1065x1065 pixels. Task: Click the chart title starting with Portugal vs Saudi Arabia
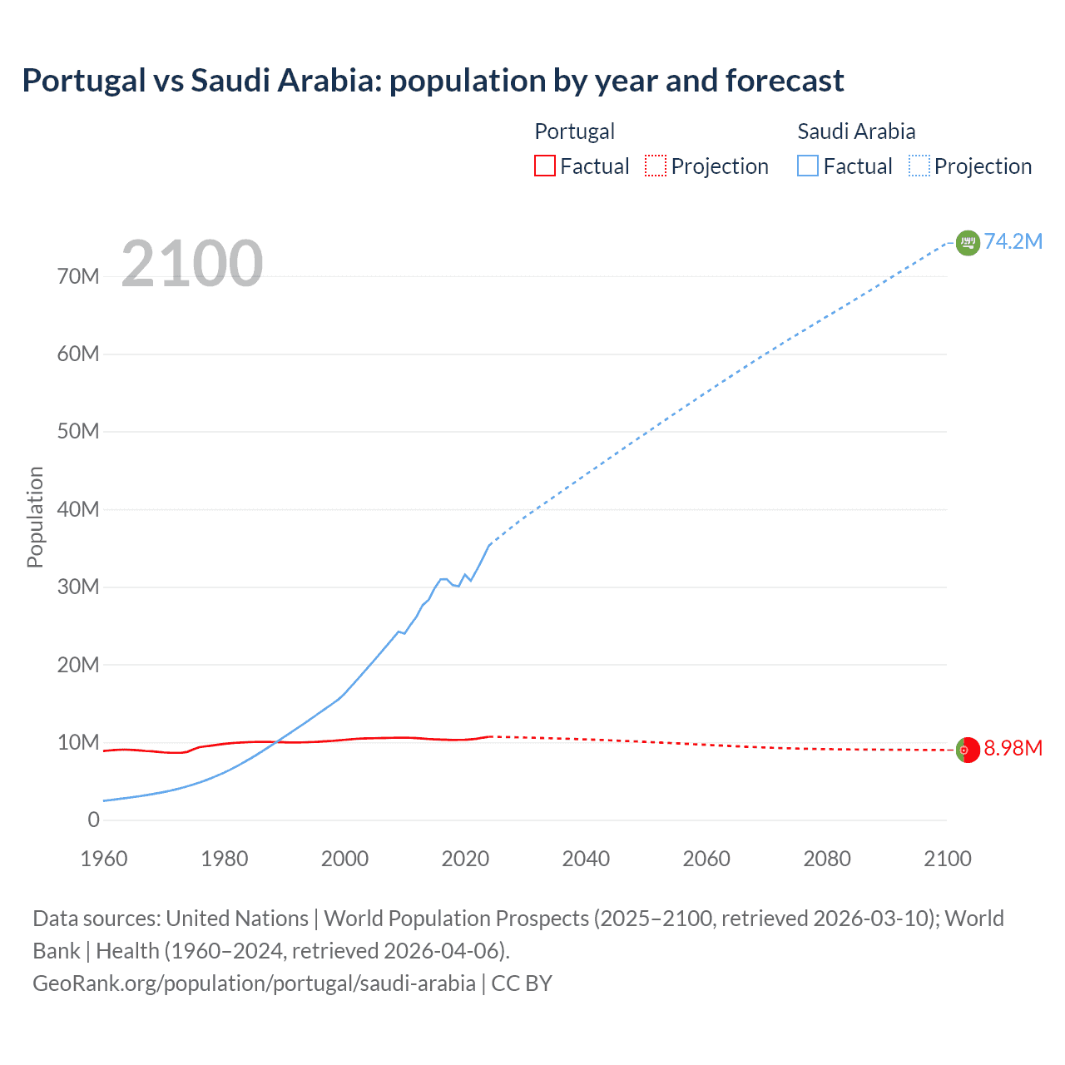[433, 81]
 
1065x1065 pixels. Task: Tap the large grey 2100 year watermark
[192, 264]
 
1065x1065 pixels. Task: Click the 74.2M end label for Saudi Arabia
[1013, 241]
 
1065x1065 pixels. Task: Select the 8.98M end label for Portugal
[1013, 748]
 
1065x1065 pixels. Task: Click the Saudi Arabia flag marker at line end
[968, 242]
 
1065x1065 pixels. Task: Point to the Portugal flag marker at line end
[967, 750]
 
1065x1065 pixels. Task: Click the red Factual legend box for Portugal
[544, 166]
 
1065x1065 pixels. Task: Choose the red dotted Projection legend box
[656, 166]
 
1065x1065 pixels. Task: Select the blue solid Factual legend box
[808, 166]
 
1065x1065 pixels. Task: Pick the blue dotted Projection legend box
[919, 166]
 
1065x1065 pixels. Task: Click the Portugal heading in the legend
[574, 131]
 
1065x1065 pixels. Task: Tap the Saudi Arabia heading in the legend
[856, 131]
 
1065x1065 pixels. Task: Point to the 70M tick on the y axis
[78, 276]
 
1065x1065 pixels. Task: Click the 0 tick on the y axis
[93, 820]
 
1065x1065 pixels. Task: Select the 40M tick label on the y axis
[78, 509]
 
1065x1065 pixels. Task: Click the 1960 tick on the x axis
[104, 859]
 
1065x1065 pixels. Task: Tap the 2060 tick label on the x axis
[706, 859]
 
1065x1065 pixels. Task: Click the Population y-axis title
[35, 517]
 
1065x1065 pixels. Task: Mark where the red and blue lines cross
[275, 741]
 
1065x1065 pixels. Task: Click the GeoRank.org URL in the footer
[254, 983]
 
